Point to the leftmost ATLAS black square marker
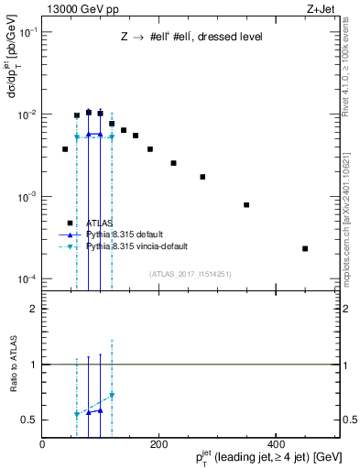pyautogui.click(x=65, y=148)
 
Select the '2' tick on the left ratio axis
pyautogui.click(x=34, y=309)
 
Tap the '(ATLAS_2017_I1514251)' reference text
pyautogui.click(x=190, y=273)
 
